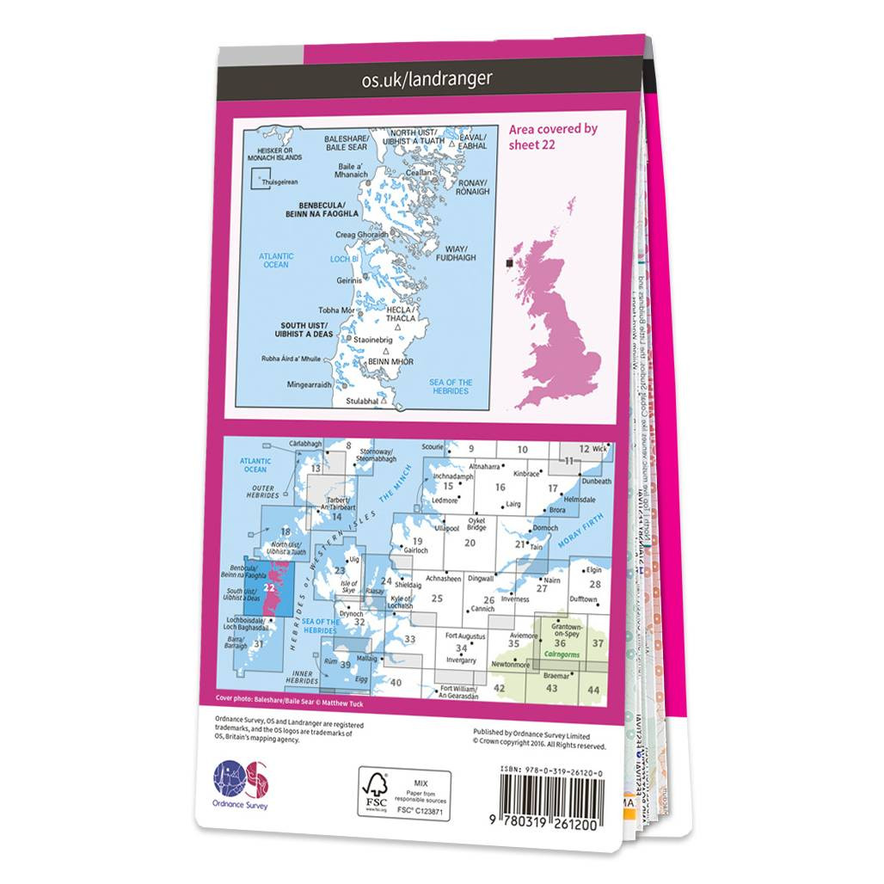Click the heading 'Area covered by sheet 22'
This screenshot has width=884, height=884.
(553, 137)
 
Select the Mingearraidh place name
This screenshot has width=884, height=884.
(308, 384)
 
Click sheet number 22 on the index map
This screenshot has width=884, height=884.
(271, 587)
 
